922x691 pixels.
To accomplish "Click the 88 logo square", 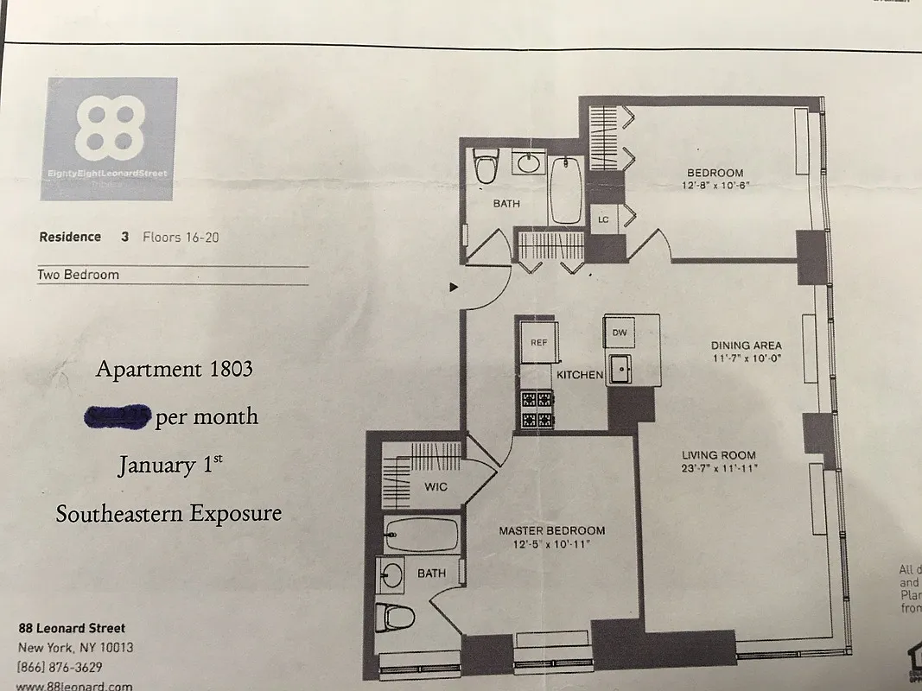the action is point(109,139).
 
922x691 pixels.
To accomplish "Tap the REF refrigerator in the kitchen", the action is point(539,342).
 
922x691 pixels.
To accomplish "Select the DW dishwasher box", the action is point(620,333).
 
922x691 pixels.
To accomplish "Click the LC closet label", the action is point(603,219).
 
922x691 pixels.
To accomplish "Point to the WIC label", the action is point(436,487).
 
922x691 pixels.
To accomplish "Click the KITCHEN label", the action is point(579,376).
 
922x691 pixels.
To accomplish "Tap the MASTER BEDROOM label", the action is point(551,530).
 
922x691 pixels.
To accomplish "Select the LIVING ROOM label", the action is point(719,455).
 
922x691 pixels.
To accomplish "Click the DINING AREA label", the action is point(747,345).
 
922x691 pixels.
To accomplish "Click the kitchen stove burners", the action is point(536,409).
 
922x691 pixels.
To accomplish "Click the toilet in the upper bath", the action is point(486,166).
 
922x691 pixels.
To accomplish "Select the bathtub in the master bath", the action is point(422,535).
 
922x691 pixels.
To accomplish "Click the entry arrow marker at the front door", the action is point(454,288).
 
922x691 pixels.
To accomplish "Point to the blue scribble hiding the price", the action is point(118,416).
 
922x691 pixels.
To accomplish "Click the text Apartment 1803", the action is point(175,370).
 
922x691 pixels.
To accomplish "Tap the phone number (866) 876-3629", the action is point(59,667).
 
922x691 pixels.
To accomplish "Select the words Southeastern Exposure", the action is point(169,514).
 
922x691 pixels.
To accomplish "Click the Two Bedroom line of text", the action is point(79,275).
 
